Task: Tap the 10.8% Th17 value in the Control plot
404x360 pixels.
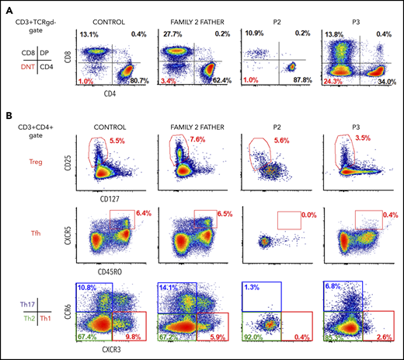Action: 89,289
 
